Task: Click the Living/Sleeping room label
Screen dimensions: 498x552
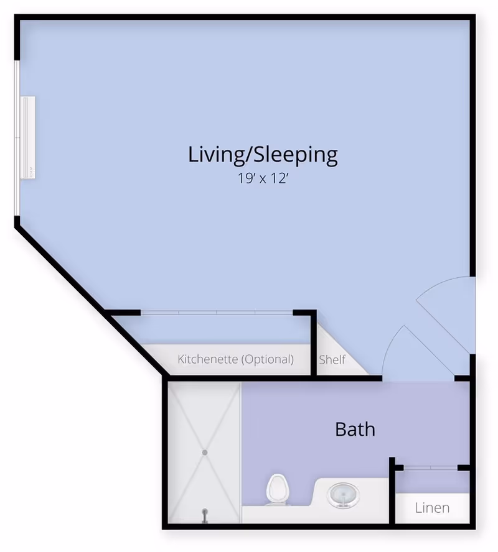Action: coord(263,155)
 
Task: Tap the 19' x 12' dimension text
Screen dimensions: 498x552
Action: coord(263,178)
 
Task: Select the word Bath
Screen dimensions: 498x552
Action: coord(355,430)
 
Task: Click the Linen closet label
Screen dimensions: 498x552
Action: coord(432,508)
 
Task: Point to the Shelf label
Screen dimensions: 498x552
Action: coord(332,360)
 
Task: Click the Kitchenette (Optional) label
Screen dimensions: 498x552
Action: coord(236,359)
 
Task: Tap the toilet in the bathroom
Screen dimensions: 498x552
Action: coord(278,490)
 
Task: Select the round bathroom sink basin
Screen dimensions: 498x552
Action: coord(343,495)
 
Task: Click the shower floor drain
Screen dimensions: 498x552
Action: coord(205,453)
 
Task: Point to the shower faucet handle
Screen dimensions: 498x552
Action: coord(204,515)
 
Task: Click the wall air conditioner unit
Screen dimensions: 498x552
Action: coord(27,137)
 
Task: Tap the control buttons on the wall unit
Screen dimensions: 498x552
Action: coord(31,172)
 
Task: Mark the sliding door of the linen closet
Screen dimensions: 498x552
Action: coord(430,467)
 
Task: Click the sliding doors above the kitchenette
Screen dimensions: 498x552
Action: coord(217,312)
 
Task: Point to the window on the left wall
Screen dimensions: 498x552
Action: coord(17,138)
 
